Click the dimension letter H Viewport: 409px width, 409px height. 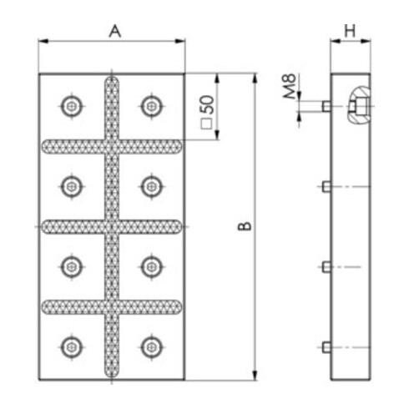click(x=350, y=31)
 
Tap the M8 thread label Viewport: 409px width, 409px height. click(x=288, y=88)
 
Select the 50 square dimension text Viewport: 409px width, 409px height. click(x=207, y=109)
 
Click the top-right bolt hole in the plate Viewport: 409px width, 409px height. click(x=150, y=105)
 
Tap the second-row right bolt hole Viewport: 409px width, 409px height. click(x=150, y=185)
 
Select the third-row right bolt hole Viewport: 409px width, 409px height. click(x=150, y=265)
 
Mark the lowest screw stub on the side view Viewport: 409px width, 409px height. click(x=326, y=346)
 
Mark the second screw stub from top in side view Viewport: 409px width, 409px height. click(x=326, y=185)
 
